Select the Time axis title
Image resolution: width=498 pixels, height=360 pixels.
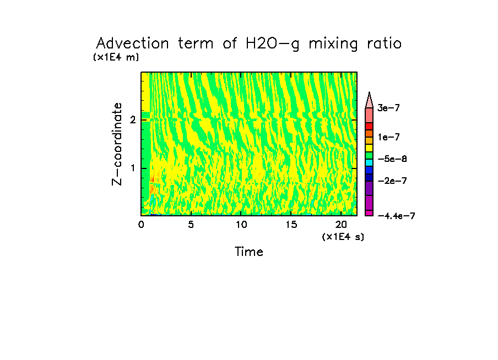click(x=249, y=252)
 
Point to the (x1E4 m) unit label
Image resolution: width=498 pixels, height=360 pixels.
click(x=116, y=57)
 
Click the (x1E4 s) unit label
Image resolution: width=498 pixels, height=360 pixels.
click(x=343, y=236)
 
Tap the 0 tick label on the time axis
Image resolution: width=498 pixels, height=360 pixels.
click(x=141, y=225)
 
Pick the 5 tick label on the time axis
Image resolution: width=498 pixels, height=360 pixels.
click(x=191, y=225)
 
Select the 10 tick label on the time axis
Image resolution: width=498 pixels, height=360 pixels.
click(x=241, y=225)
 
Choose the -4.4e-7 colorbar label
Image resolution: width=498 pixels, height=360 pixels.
click(x=396, y=216)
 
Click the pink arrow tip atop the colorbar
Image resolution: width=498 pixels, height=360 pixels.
click(x=369, y=99)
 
